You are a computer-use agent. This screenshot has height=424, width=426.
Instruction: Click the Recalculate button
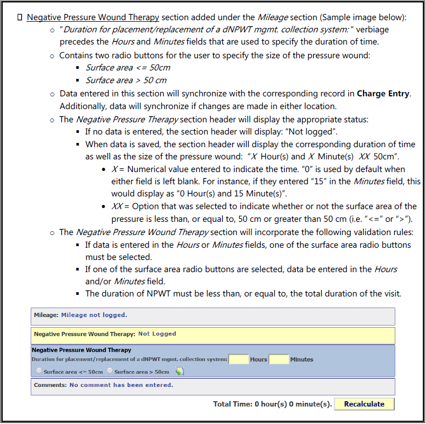[x=364, y=404]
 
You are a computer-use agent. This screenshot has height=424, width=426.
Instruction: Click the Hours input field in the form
[x=239, y=359]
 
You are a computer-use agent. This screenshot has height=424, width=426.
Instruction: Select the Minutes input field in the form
[x=278, y=359]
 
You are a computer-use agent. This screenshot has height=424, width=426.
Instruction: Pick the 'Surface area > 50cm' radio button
[x=110, y=371]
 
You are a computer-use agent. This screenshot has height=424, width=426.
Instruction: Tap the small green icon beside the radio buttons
[x=179, y=371]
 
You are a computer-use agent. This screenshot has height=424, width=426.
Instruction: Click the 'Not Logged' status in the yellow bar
[x=157, y=334]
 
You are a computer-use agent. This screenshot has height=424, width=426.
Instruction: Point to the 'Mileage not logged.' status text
[x=94, y=315]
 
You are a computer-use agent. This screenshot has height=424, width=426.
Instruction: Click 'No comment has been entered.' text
[x=121, y=385]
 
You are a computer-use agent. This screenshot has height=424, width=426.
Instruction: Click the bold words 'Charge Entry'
[x=384, y=94]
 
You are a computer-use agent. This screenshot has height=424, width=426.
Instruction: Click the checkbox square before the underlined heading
[x=20, y=17]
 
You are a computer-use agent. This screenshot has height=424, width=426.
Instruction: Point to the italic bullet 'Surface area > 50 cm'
[x=126, y=80]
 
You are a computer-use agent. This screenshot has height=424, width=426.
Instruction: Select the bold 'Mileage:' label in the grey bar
[x=46, y=315]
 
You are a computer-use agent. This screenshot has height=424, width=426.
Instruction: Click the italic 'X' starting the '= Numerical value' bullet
[x=114, y=169]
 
